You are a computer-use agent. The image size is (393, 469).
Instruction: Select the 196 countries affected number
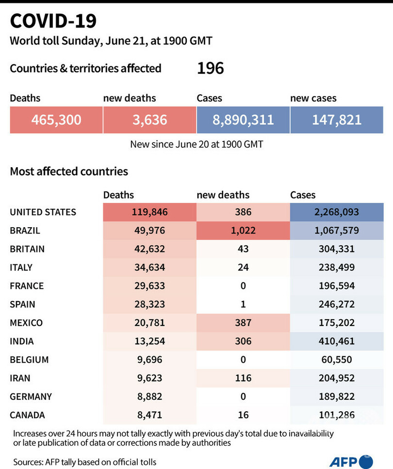[x=210, y=68]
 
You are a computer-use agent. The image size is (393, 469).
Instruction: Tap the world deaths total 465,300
[x=56, y=120]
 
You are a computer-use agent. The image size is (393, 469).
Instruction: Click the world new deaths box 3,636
[x=149, y=120]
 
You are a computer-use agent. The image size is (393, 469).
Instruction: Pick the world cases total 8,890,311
[x=243, y=120]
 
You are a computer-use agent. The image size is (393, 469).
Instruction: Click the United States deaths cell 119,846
[x=149, y=212]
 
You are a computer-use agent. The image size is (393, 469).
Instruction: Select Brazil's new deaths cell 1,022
[x=243, y=231]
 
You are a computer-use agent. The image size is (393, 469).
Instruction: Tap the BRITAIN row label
[x=27, y=249]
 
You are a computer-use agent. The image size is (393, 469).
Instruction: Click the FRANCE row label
[x=27, y=286]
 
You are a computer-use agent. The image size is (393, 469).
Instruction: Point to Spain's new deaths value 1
[x=243, y=304]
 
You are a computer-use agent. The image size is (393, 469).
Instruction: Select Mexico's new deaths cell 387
[x=243, y=323]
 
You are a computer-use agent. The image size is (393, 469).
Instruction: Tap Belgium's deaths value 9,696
[x=149, y=360]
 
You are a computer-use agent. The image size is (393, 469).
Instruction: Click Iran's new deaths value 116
[x=243, y=378]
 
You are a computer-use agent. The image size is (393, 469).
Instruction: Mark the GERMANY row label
[x=31, y=396]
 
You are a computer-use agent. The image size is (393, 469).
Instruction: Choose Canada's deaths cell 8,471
[x=149, y=415]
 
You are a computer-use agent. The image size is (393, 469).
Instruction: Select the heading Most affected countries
[x=69, y=171]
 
